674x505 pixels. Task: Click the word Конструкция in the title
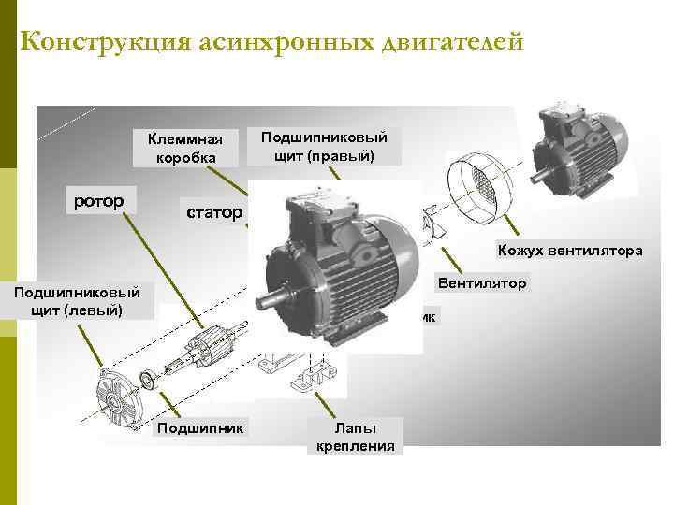pyautogui.click(x=105, y=42)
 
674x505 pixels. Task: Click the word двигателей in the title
pyautogui.click(x=453, y=42)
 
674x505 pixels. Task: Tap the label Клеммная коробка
pyautogui.click(x=185, y=148)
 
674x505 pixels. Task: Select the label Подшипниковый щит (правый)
pyautogui.click(x=324, y=147)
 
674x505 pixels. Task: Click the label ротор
pyautogui.click(x=99, y=201)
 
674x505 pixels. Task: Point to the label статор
pyautogui.click(x=214, y=212)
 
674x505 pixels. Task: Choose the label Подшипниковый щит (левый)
pyautogui.click(x=77, y=301)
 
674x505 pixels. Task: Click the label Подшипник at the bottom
pyautogui.click(x=200, y=428)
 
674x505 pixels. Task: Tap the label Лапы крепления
pyautogui.click(x=356, y=437)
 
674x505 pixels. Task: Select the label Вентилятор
pyautogui.click(x=482, y=283)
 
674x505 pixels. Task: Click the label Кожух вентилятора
pyautogui.click(x=570, y=251)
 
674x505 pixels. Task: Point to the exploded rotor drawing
pyautogui.click(x=205, y=347)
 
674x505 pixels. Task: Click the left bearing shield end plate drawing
pyautogui.click(x=118, y=397)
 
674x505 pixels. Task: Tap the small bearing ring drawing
pyautogui.click(x=149, y=380)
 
